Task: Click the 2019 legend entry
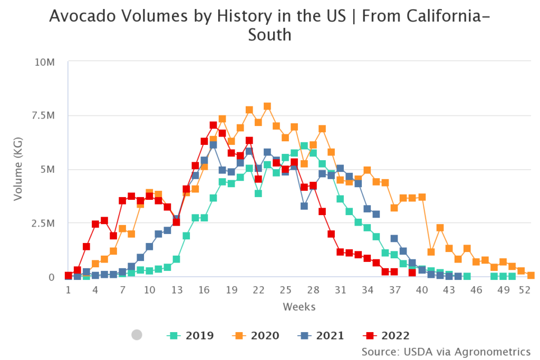click(x=190, y=335)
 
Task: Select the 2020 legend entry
click(x=255, y=335)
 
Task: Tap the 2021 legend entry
click(x=321, y=335)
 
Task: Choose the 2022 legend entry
click(x=386, y=335)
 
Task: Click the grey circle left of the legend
click(x=137, y=335)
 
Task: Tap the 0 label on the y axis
click(x=52, y=277)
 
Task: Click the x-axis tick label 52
click(x=524, y=290)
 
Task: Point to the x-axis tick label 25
click(x=285, y=290)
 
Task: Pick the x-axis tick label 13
click(x=177, y=290)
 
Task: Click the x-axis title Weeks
click(x=299, y=306)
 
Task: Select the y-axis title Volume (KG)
click(x=18, y=169)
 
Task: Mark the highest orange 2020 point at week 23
click(x=267, y=106)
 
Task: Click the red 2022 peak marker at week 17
click(x=213, y=125)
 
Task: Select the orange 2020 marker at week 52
click(x=531, y=276)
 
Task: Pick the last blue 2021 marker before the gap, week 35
click(x=376, y=214)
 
